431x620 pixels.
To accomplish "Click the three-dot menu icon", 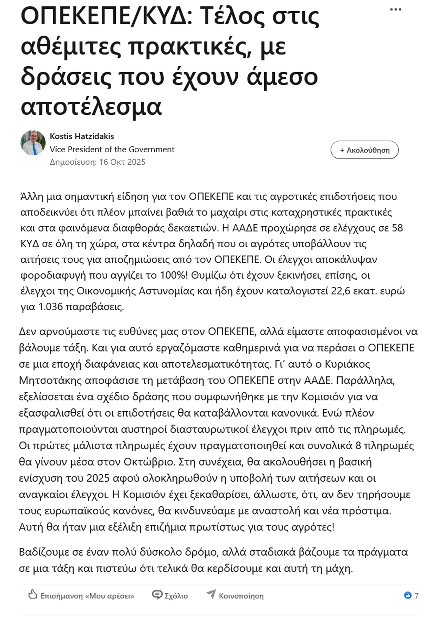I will click(x=395, y=10).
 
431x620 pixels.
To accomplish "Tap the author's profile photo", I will click(x=33, y=143).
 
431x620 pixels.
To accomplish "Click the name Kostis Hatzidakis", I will click(x=82, y=136).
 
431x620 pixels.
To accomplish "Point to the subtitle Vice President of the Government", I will click(x=112, y=149).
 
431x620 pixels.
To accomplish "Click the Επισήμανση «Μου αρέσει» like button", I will click(x=81, y=596).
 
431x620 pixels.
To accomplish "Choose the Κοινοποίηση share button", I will click(x=235, y=596).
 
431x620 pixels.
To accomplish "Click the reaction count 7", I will click(x=416, y=596).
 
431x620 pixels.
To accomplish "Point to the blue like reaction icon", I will click(x=408, y=595).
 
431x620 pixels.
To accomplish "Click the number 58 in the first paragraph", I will click(x=397, y=228).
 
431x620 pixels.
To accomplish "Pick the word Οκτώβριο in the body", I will click(x=148, y=462).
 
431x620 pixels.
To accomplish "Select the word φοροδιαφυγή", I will click(x=53, y=275).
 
